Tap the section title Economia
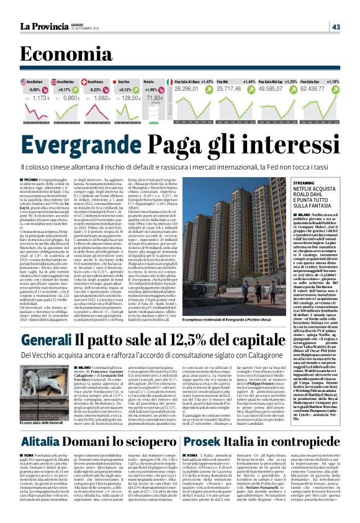click(60, 55)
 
